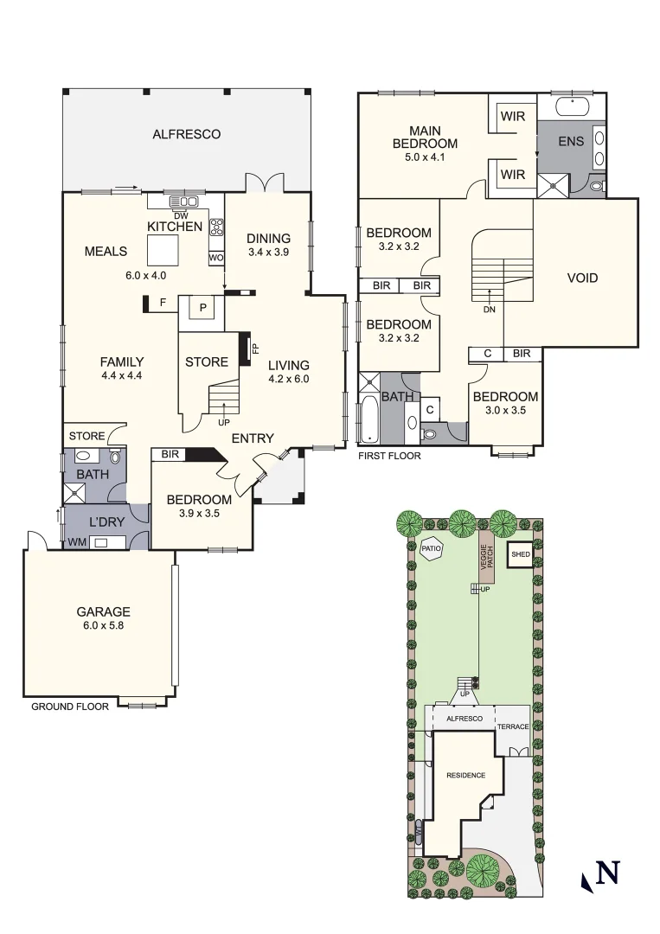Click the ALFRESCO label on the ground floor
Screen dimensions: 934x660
click(x=186, y=134)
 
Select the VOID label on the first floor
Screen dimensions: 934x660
click(x=582, y=278)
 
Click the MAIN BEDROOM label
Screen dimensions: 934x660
click(x=425, y=137)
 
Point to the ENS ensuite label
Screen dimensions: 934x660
click(x=571, y=142)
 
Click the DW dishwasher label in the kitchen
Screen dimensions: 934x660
click(x=181, y=216)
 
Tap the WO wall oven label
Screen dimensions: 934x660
click(x=216, y=258)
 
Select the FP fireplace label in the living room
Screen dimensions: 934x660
click(x=255, y=349)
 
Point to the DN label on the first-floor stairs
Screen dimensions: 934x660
click(x=489, y=308)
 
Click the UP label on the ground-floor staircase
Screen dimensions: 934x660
click(x=224, y=423)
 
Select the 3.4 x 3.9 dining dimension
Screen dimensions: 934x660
click(x=268, y=253)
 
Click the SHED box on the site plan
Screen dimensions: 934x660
click(x=521, y=554)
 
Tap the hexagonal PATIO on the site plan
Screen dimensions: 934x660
click(x=431, y=548)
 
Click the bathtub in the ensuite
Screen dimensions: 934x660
click(x=571, y=108)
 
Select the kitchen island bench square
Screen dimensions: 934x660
click(x=162, y=251)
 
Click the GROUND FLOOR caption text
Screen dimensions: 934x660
click(x=70, y=707)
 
